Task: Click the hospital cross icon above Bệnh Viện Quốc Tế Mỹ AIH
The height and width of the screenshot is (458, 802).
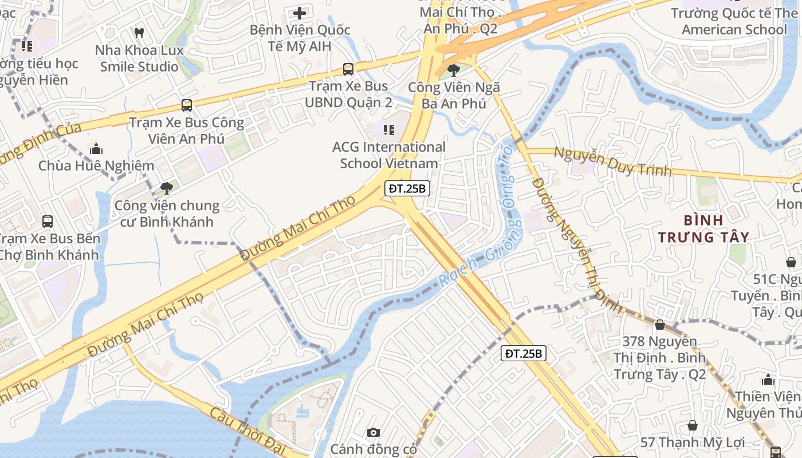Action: coord(300,13)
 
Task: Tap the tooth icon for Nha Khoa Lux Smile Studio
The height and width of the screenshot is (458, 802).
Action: coord(139,33)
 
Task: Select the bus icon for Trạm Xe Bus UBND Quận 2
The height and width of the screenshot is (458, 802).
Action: coord(348,69)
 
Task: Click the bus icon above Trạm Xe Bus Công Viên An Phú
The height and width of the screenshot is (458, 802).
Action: coord(187,105)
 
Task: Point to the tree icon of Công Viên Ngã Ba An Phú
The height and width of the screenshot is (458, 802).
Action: coord(454,70)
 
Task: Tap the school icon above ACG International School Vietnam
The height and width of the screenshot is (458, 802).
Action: coord(389,130)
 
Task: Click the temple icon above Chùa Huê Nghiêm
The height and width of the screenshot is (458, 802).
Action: coord(96,149)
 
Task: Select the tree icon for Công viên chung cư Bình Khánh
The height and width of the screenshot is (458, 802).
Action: coord(167,188)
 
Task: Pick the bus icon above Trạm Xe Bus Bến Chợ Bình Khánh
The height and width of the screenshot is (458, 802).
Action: coord(48,221)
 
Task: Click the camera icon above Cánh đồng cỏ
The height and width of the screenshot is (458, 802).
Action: coord(374,432)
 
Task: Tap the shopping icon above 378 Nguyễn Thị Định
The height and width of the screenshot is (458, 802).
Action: coord(660,325)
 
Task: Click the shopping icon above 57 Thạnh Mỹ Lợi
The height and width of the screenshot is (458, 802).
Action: coord(693,425)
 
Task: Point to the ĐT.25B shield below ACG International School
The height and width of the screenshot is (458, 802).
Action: coord(407,188)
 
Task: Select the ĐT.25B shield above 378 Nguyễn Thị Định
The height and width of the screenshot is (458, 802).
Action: coord(524,353)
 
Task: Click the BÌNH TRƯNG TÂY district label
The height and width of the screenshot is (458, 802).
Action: coord(703,228)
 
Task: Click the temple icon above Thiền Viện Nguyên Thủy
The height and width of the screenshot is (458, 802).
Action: coord(768,380)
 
